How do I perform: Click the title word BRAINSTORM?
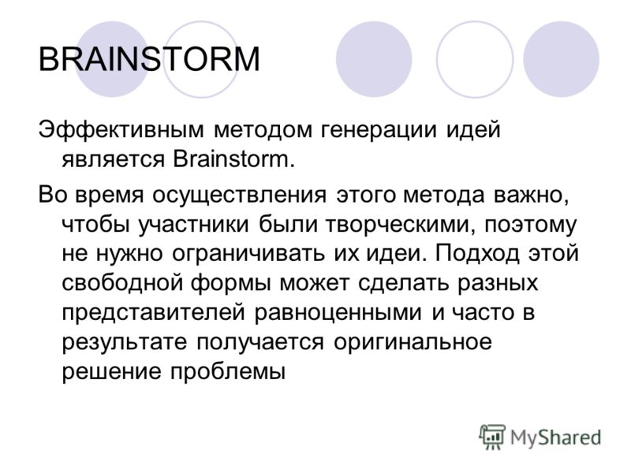pos(149,60)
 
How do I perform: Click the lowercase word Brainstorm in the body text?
pos(230,159)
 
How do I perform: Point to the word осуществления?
pos(240,196)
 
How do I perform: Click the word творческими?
pos(397,225)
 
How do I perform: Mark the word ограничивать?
pos(248,254)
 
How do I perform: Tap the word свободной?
pos(123,283)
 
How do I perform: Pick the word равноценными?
pos(338,312)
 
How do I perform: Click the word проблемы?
pos(228,371)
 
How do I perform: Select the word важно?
pos(531,196)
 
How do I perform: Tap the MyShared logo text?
pos(556,438)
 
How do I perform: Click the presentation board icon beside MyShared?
pos(492,437)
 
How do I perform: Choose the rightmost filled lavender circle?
pos(561,59)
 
